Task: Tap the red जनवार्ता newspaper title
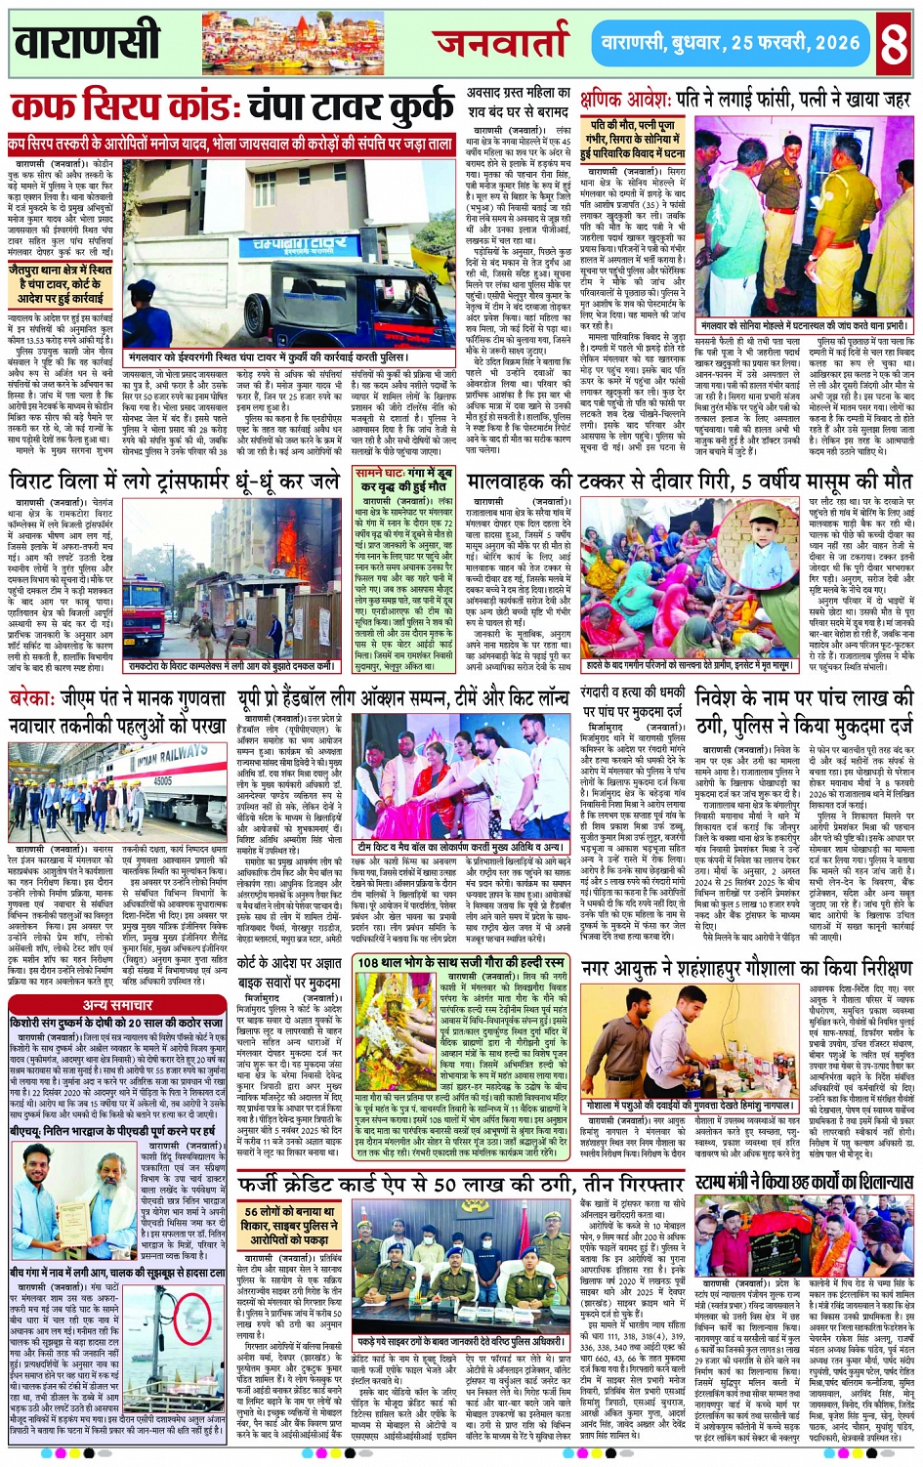[502, 42]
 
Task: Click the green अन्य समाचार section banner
[117, 1005]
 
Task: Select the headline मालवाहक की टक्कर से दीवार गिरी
[690, 482]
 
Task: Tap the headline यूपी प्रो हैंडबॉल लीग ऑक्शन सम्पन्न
[403, 699]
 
